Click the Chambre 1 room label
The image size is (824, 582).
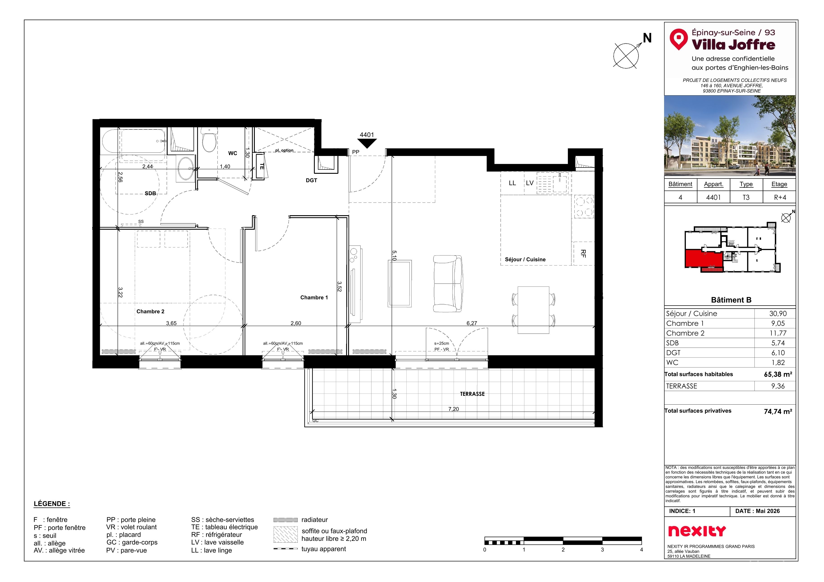pos(314,298)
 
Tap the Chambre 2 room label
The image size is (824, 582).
pos(150,312)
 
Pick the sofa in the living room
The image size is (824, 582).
pos(448,283)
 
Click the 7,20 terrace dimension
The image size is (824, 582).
pos(453,409)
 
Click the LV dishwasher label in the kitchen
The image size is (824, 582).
pos(530,183)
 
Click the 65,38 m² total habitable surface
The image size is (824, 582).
pos(778,374)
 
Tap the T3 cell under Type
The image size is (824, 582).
pos(746,198)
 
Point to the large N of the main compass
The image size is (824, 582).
pos(647,38)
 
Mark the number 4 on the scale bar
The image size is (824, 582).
pos(641,550)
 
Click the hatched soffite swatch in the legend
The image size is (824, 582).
pos(285,535)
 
